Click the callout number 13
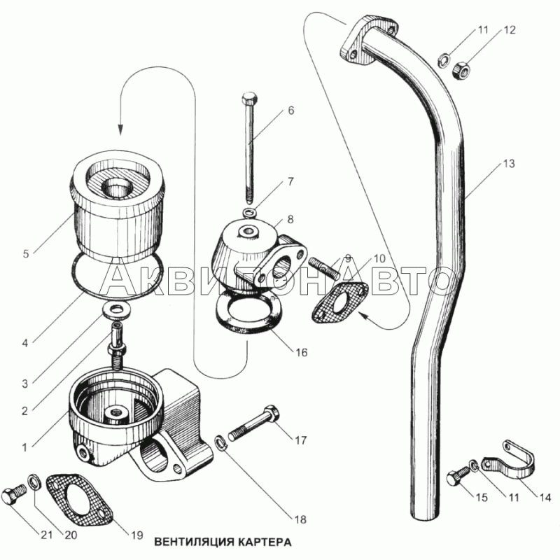tap(509, 164)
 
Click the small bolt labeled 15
tap(459, 477)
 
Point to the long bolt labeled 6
tap(249, 147)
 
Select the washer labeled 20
tap(33, 482)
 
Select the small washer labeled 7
tap(250, 213)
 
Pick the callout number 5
tap(26, 254)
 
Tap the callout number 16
tap(302, 353)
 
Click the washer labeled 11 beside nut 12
tap(443, 59)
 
